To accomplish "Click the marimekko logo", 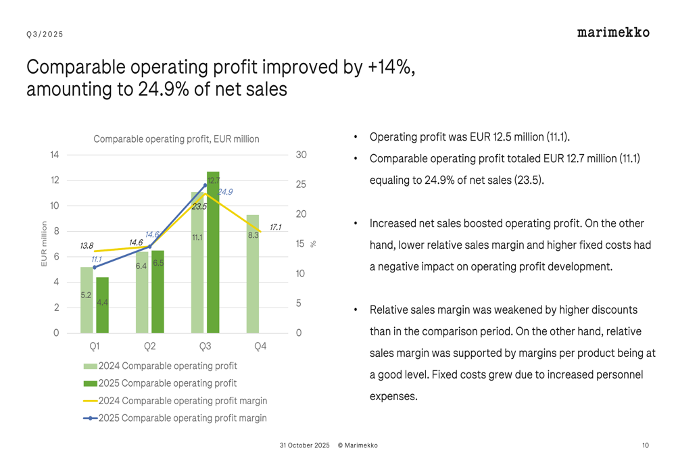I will point(613,32).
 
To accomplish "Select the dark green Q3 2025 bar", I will point(213,257).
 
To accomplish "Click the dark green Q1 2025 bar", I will point(102,308).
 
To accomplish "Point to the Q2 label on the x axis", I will point(150,346).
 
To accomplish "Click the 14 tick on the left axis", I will point(54,155).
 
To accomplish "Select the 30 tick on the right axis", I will point(301,155).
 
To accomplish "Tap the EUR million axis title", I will point(45,244).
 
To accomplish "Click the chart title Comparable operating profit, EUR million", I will point(176,139).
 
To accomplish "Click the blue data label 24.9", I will point(224,193).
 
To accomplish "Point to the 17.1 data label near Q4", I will point(275,228).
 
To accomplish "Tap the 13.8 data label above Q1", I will point(87,246).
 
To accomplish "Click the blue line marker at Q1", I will point(95,267).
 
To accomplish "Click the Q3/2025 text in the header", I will point(45,34).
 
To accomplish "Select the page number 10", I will point(646,445).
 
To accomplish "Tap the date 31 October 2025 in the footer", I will point(304,445).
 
